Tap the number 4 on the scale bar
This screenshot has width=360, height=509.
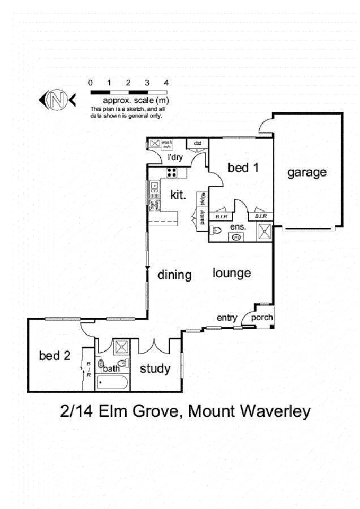pos(166,83)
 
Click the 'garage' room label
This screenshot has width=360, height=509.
pos(307,172)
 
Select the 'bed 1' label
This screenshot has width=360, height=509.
pos(243,167)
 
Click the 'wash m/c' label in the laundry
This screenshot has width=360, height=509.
pos(167,145)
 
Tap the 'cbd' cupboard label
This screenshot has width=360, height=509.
pos(198,144)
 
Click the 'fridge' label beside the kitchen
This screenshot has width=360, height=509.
pos(203,200)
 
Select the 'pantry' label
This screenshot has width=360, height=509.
pos(202,218)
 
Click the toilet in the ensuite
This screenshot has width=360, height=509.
pos(216,230)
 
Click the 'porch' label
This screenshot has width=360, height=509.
pos(262,318)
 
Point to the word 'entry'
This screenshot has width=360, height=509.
pos(227,318)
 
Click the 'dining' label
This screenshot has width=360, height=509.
pos(174,275)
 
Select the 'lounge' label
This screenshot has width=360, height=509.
pos(232,273)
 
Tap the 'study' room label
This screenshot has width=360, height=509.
pos(155,369)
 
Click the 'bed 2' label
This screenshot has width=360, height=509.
pos(55,356)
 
